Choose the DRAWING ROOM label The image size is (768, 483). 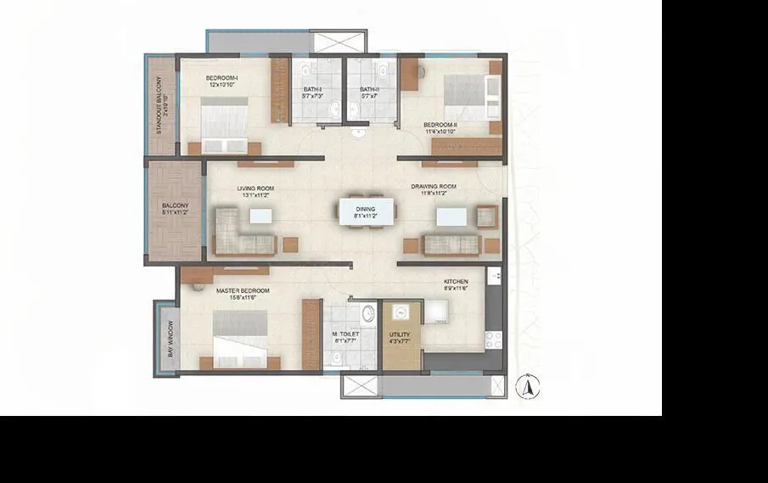(x=434, y=189)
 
